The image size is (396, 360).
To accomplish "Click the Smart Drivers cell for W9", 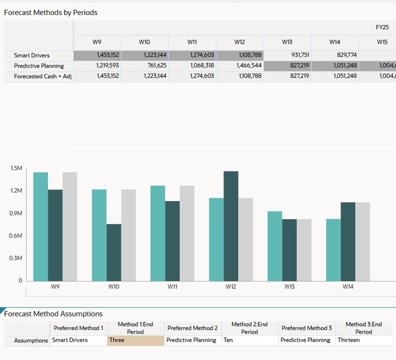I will [x=97, y=55].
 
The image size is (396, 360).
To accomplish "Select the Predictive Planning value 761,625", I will [x=144, y=65].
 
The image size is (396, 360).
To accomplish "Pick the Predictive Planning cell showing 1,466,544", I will [x=239, y=65].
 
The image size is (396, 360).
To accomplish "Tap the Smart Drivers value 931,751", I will [x=287, y=55].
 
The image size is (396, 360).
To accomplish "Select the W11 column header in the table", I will [x=192, y=42].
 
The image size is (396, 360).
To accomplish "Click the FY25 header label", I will [x=382, y=27].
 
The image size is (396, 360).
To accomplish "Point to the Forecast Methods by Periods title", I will [x=50, y=12].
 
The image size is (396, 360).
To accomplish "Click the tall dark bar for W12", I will [x=231, y=225].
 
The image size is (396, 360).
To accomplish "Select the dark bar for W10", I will [x=114, y=252].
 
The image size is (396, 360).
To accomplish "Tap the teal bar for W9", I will [x=41, y=226].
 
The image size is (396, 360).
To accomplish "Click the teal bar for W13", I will [x=275, y=245].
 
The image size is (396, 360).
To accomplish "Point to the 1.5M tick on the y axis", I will [x=16, y=168].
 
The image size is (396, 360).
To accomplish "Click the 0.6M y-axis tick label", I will [x=16, y=236].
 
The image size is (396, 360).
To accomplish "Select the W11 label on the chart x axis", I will [x=172, y=287].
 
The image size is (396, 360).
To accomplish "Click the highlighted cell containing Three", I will [x=135, y=340].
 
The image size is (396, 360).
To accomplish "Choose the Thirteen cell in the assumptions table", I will [x=363, y=340].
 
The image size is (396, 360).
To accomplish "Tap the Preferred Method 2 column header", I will [x=192, y=328].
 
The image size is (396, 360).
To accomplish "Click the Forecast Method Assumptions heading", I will [x=53, y=314].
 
